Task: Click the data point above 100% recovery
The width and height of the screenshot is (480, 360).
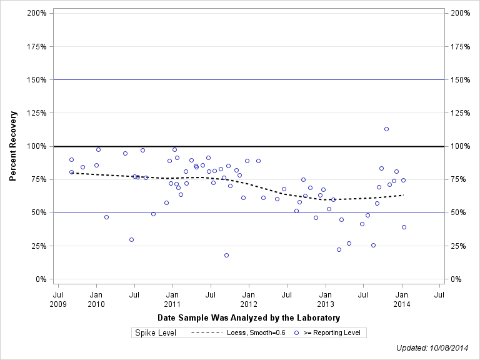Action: tap(386, 129)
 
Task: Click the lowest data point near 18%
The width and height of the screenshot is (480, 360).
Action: tap(226, 255)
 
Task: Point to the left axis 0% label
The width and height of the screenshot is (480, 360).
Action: tap(41, 279)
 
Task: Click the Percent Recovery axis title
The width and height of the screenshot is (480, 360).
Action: tap(12, 146)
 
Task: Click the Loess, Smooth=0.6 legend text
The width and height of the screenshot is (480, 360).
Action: tap(256, 333)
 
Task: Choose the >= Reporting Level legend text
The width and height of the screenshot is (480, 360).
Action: tap(332, 333)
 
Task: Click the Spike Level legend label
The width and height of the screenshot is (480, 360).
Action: tap(156, 333)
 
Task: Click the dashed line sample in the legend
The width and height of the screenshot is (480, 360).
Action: tap(206, 333)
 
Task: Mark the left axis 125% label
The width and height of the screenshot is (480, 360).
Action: tap(37, 113)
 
